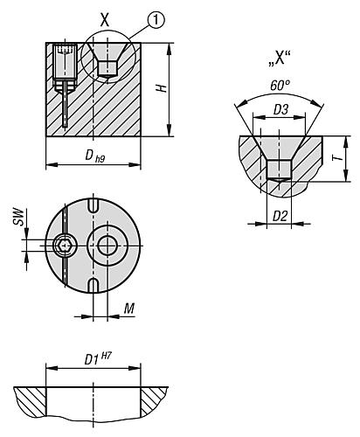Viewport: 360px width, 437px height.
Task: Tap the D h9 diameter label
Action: point(93,155)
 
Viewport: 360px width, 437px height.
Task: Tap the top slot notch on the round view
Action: point(92,205)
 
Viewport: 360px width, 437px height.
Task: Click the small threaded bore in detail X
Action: point(278,170)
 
